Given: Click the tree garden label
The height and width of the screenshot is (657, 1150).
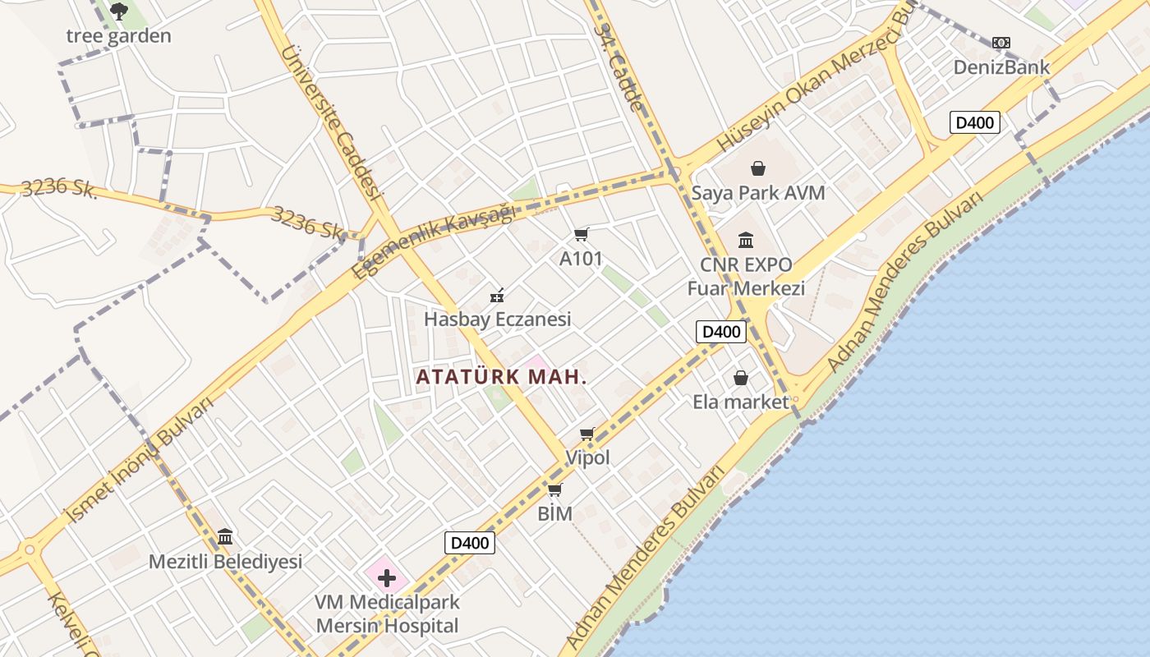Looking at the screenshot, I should click(x=118, y=36).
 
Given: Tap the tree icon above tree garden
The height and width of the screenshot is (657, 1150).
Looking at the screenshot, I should click(x=118, y=11).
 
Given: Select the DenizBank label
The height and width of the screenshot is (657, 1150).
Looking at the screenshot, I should click(x=1001, y=67).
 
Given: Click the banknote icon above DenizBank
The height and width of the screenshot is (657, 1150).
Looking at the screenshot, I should click(x=1000, y=43).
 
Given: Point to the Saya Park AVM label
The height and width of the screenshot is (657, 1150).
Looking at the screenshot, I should click(x=757, y=193).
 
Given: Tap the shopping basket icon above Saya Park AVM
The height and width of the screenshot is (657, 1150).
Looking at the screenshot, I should click(x=757, y=168).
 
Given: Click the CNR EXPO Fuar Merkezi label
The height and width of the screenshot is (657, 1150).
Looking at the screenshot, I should click(x=746, y=277).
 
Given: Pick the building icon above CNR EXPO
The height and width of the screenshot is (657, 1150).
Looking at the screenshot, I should click(x=746, y=240).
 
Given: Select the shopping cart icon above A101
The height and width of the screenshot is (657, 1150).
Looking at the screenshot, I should click(x=582, y=235).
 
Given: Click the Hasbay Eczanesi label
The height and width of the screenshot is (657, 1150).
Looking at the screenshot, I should click(x=497, y=319).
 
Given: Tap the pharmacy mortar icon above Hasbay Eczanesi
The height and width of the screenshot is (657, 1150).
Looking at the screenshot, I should click(x=497, y=295).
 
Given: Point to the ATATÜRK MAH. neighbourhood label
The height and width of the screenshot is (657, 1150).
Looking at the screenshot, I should click(x=501, y=377).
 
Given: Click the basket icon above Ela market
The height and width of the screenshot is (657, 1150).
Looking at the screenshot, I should click(x=741, y=378).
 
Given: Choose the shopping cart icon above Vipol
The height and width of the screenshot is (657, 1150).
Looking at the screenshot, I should click(x=587, y=434).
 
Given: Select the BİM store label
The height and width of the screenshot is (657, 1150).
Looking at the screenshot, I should click(x=554, y=515).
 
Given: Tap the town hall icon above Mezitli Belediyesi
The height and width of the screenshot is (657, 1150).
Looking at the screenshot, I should click(x=225, y=537).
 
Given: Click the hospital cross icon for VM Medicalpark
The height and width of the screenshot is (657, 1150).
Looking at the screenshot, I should click(x=387, y=578).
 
